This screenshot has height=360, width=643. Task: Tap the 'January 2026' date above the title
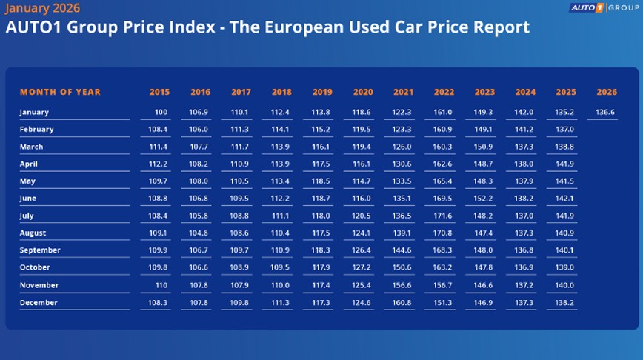[43, 9]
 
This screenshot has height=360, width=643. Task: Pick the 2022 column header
[444, 93]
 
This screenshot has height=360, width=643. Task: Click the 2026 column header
[606, 93]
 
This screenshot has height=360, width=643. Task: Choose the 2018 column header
[281, 93]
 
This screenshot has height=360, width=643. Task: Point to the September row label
[40, 250]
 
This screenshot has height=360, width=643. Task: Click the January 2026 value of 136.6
[605, 112]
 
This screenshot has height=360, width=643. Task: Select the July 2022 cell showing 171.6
[444, 216]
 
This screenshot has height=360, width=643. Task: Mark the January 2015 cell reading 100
[161, 112]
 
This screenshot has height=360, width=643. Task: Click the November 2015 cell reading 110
[161, 285]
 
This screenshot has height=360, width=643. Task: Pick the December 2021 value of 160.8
[403, 303]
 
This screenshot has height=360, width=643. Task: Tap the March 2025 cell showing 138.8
[565, 147]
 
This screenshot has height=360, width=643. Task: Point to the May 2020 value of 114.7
[362, 181]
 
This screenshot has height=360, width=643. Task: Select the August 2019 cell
[321, 233]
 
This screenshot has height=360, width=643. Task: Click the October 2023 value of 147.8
[484, 267]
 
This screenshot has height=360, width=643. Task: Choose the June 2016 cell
[200, 199]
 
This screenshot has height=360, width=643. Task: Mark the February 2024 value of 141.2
[524, 130]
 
